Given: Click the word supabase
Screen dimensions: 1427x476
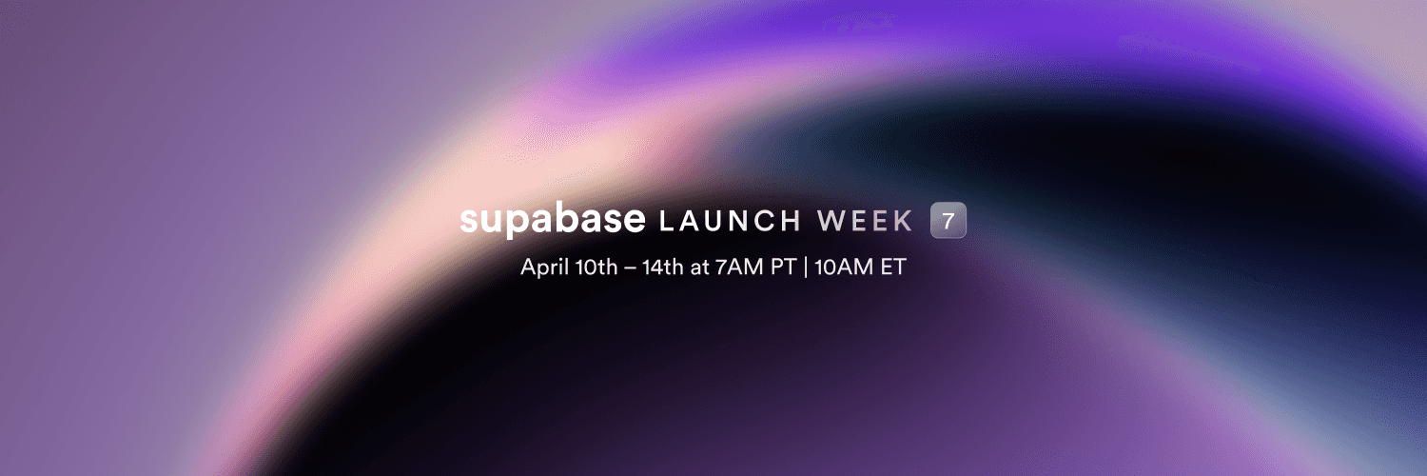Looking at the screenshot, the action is (553, 221).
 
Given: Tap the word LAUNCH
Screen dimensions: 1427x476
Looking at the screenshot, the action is (730, 221).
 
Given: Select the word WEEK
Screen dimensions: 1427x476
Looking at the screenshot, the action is (865, 221).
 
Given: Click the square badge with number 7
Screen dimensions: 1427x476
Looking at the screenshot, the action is (948, 220).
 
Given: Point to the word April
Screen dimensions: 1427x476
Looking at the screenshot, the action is (545, 267).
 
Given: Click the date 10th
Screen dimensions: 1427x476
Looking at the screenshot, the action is (596, 267).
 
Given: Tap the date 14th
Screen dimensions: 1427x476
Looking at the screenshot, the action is (662, 267).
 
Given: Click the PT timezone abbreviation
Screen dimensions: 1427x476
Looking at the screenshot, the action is (784, 267).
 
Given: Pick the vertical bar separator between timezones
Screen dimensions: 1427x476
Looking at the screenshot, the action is (806, 267).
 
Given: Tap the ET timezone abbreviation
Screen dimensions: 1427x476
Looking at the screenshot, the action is (893, 267).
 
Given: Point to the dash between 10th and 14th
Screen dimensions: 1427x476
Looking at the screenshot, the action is (630, 268).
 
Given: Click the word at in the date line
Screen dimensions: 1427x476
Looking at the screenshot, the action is (699, 268).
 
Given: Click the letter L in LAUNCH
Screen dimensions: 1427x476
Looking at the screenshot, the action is (666, 221).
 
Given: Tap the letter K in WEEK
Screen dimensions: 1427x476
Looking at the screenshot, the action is (905, 221).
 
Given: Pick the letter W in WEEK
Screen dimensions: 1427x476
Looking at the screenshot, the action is (831, 221).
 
